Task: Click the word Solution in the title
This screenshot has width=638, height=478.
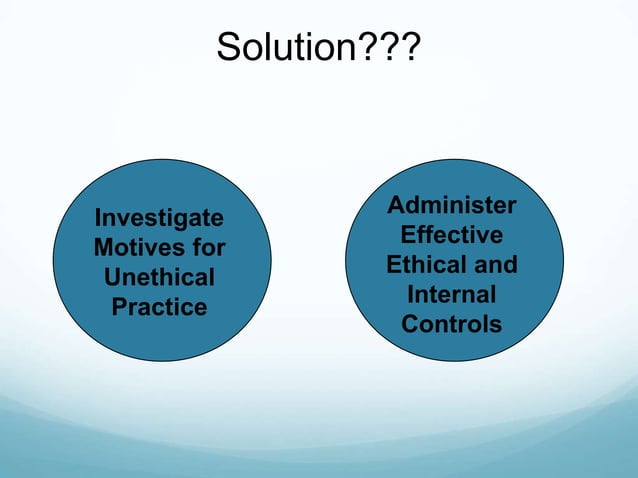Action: click(x=285, y=45)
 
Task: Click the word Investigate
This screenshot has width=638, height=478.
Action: click(x=159, y=218)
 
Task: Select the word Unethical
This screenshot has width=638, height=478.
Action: click(x=159, y=277)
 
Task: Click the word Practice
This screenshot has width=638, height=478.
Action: click(x=159, y=306)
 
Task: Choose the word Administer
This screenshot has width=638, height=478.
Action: click(x=452, y=206)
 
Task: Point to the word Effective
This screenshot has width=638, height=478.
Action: click(x=452, y=236)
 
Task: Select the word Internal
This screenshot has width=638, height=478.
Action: click(x=452, y=296)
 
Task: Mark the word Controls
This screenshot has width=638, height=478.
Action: click(x=452, y=326)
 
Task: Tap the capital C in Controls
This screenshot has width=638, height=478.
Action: click(x=410, y=326)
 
